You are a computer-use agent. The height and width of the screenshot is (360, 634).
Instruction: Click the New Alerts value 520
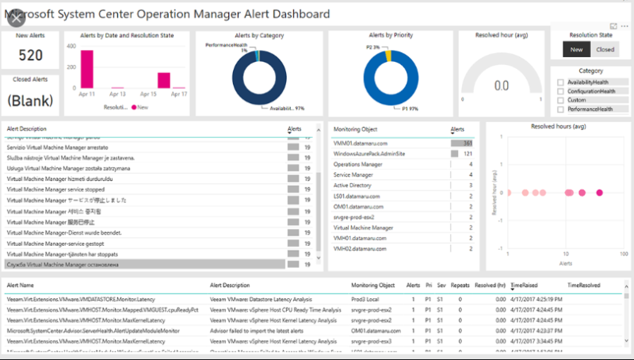tap(30, 55)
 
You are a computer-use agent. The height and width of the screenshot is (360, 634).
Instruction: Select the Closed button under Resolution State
tap(605, 49)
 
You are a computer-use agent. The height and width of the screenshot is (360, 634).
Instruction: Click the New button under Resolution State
tap(576, 49)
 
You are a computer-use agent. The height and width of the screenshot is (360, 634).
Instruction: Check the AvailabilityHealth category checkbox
tap(561, 82)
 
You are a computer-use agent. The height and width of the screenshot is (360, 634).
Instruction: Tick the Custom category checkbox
tap(561, 100)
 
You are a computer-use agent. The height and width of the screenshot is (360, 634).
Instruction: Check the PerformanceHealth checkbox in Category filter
tap(561, 109)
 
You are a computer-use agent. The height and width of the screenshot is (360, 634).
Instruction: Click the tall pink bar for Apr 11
tap(87, 69)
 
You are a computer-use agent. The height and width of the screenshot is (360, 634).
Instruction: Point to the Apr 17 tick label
tap(179, 94)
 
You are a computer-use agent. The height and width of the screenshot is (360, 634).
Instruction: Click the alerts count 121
tap(468, 153)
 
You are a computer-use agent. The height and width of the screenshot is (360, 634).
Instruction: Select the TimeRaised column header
tap(526, 284)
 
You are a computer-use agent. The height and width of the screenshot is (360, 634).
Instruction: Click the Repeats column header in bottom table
tap(460, 284)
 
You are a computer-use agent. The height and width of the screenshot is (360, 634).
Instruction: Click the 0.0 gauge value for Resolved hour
tap(501, 85)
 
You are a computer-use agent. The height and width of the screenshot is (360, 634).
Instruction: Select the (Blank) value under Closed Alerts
tap(30, 101)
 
